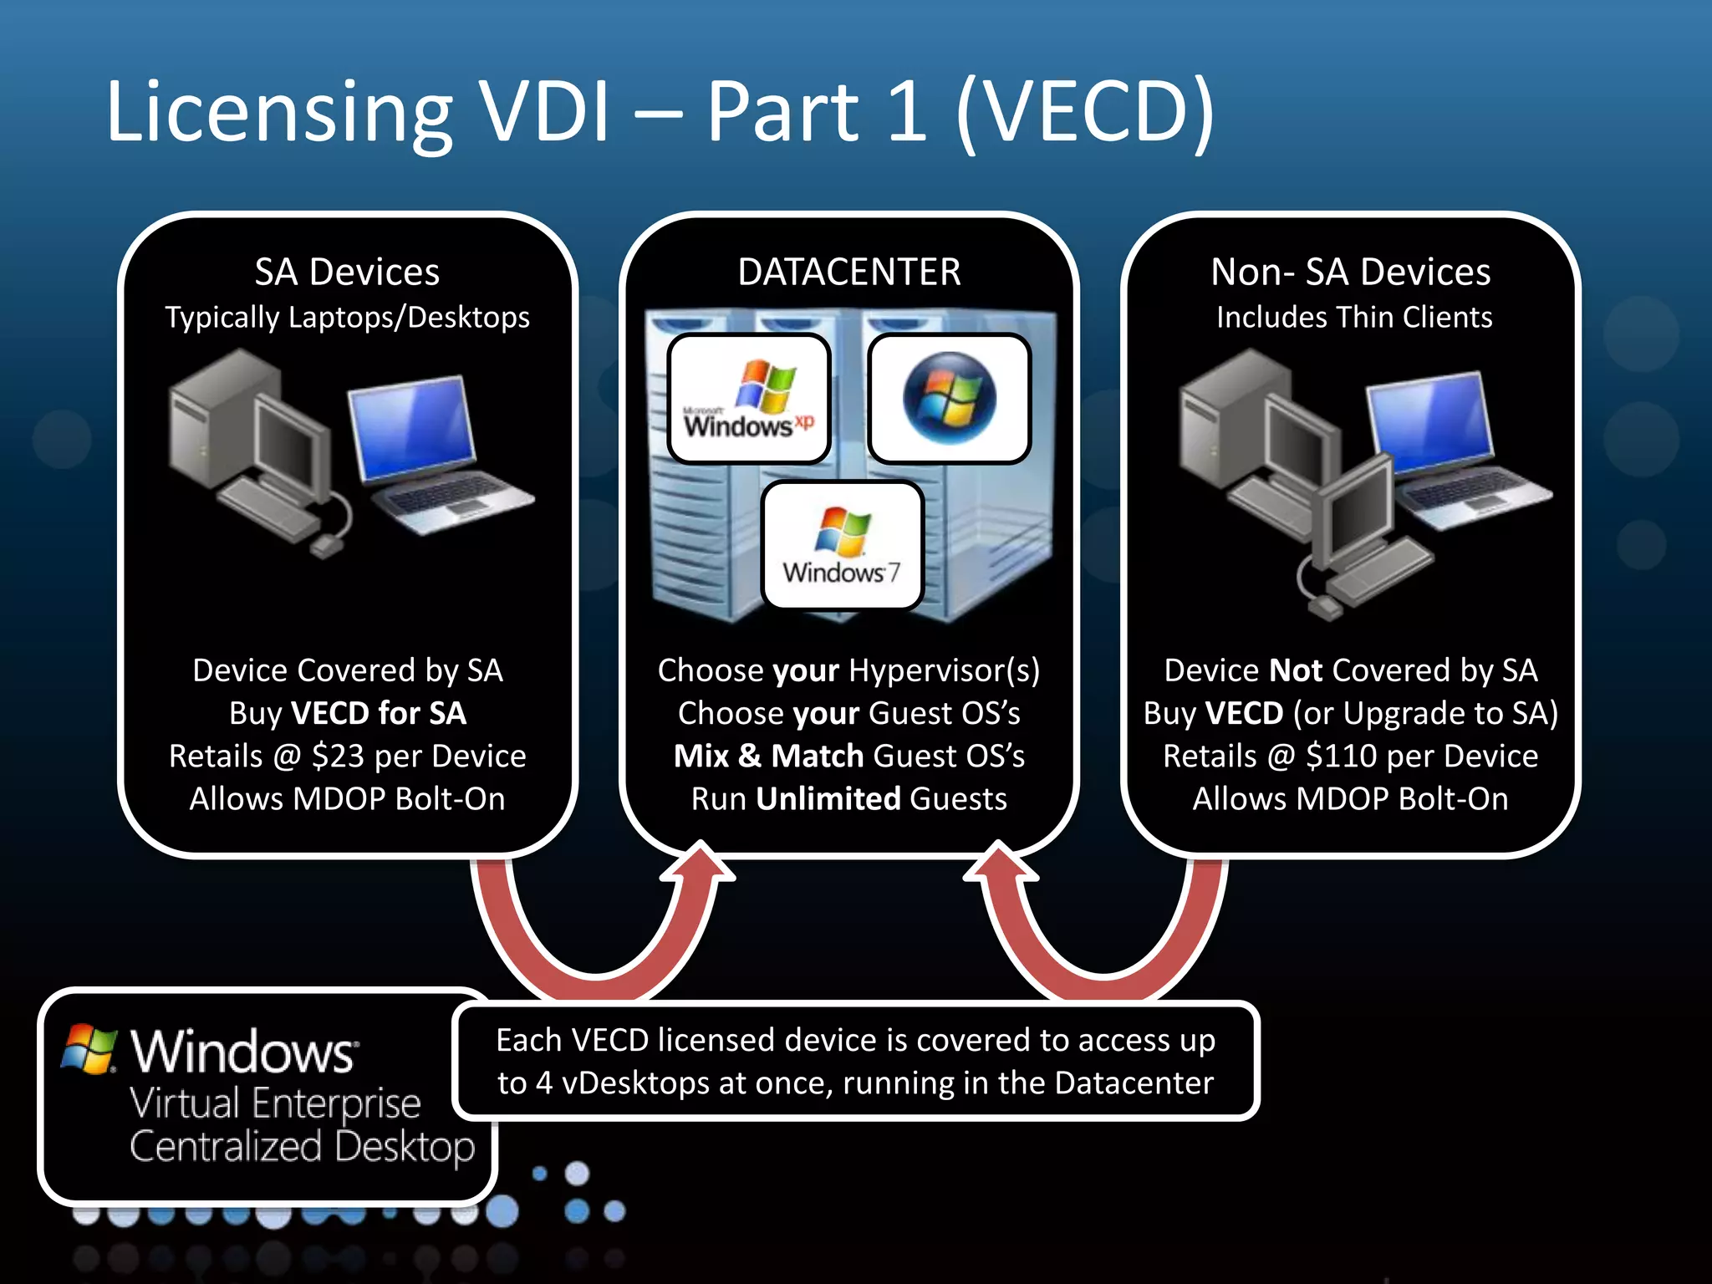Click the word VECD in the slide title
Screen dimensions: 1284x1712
[1083, 112]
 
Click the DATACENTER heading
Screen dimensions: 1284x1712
[848, 273]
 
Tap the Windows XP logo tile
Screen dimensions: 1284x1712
[749, 399]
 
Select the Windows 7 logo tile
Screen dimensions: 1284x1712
[843, 546]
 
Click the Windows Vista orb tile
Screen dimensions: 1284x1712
[949, 399]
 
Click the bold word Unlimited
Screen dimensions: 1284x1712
[828, 799]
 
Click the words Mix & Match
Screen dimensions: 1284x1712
[768, 757]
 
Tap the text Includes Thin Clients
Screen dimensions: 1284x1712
[1353, 318]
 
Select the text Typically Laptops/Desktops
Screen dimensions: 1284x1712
[347, 318]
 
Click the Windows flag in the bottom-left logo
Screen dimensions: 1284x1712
[89, 1049]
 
